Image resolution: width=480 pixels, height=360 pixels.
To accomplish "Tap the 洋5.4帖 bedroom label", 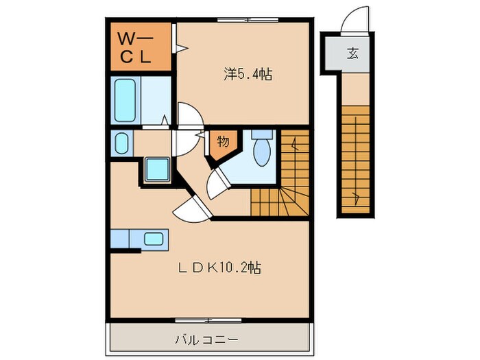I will coord(247,74).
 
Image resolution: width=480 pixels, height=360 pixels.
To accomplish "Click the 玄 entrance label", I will coord(352,53).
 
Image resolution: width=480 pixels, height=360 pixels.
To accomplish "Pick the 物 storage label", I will coord(224,142).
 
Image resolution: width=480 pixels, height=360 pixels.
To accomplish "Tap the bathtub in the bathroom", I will coord(128,100).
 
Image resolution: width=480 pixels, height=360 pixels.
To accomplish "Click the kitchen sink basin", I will coord(153,239).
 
